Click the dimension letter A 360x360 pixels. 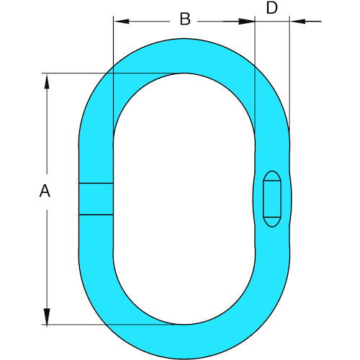pyautogui.click(x=45, y=191)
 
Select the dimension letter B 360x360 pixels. pyautogui.click(x=184, y=19)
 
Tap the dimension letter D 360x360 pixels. pyautogui.click(x=272, y=9)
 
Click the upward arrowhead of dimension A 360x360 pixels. pyautogui.click(x=48, y=81)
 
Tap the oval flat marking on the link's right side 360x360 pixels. pyautogui.click(x=272, y=199)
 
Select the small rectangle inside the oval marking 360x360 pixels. pyautogui.click(x=272, y=199)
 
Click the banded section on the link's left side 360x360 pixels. pyautogui.click(x=96, y=199)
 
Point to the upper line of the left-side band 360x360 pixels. pyautogui.click(x=96, y=184)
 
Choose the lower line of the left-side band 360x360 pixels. pyautogui.click(x=96, y=215)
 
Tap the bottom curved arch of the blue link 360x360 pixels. pyautogui.click(x=184, y=341)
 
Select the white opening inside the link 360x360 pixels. pyautogui.click(x=184, y=198)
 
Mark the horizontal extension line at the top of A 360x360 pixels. pyautogui.click(x=108, y=73)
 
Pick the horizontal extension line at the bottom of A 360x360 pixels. pyautogui.click(x=108, y=324)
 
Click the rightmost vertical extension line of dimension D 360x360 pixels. pyautogui.click(x=290, y=72)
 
